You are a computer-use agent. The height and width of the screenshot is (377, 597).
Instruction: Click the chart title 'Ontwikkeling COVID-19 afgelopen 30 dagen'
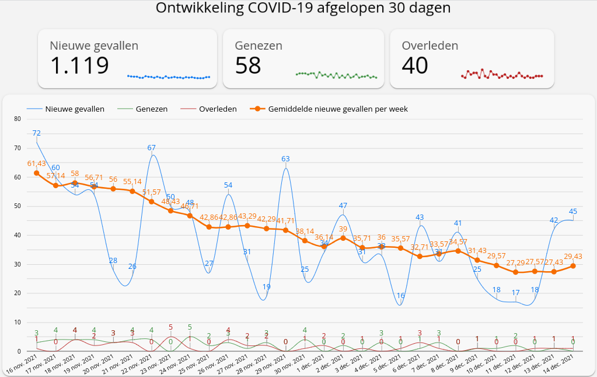pos(303,9)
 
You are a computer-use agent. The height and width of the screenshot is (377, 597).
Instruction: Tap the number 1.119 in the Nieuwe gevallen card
pos(79,65)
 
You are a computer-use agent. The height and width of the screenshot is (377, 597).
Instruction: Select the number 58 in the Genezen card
pos(248,65)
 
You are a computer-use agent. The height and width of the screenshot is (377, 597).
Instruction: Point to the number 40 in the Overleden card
pos(416,65)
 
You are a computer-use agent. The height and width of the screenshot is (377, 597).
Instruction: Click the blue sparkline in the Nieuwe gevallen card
pos(169,77)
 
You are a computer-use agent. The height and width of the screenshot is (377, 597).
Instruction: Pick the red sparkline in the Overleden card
pos(502,74)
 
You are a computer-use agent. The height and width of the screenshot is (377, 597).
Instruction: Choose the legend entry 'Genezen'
pos(151,109)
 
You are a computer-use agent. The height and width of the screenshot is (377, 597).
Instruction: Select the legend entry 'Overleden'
pos(217,109)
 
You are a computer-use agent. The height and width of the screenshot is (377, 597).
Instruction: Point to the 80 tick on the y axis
pos(17,119)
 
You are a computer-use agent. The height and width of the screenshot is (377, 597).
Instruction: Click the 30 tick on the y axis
pos(17,264)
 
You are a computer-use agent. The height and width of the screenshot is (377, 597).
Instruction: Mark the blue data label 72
pos(36,133)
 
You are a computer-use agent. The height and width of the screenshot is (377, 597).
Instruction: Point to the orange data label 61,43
pos(36,163)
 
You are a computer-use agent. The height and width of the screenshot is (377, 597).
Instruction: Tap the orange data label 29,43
pos(572,256)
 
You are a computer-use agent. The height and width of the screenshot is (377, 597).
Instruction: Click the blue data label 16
pos(400,296)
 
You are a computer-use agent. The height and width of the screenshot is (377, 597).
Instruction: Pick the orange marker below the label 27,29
pos(515,272)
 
